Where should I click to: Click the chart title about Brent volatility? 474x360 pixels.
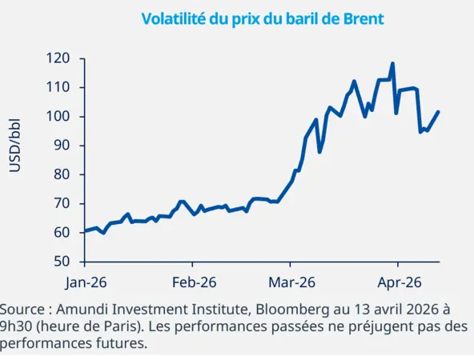click(x=262, y=18)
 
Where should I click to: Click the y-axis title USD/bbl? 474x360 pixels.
click(x=14, y=146)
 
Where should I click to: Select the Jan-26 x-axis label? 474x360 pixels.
click(x=86, y=282)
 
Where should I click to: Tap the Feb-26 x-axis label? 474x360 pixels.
click(x=193, y=282)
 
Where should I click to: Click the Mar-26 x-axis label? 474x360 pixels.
click(x=291, y=282)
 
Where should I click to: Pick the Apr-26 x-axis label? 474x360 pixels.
click(x=399, y=282)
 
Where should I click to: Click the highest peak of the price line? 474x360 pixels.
click(x=392, y=63)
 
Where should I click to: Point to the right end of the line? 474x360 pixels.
click(x=439, y=112)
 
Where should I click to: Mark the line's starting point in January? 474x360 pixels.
click(x=86, y=231)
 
